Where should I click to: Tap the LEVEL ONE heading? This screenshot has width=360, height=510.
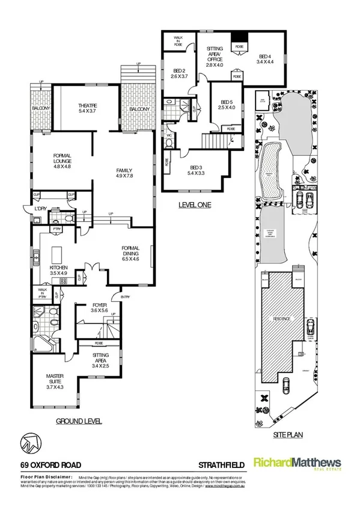(x=195, y=205)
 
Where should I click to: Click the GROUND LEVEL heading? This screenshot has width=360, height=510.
(x=78, y=420)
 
